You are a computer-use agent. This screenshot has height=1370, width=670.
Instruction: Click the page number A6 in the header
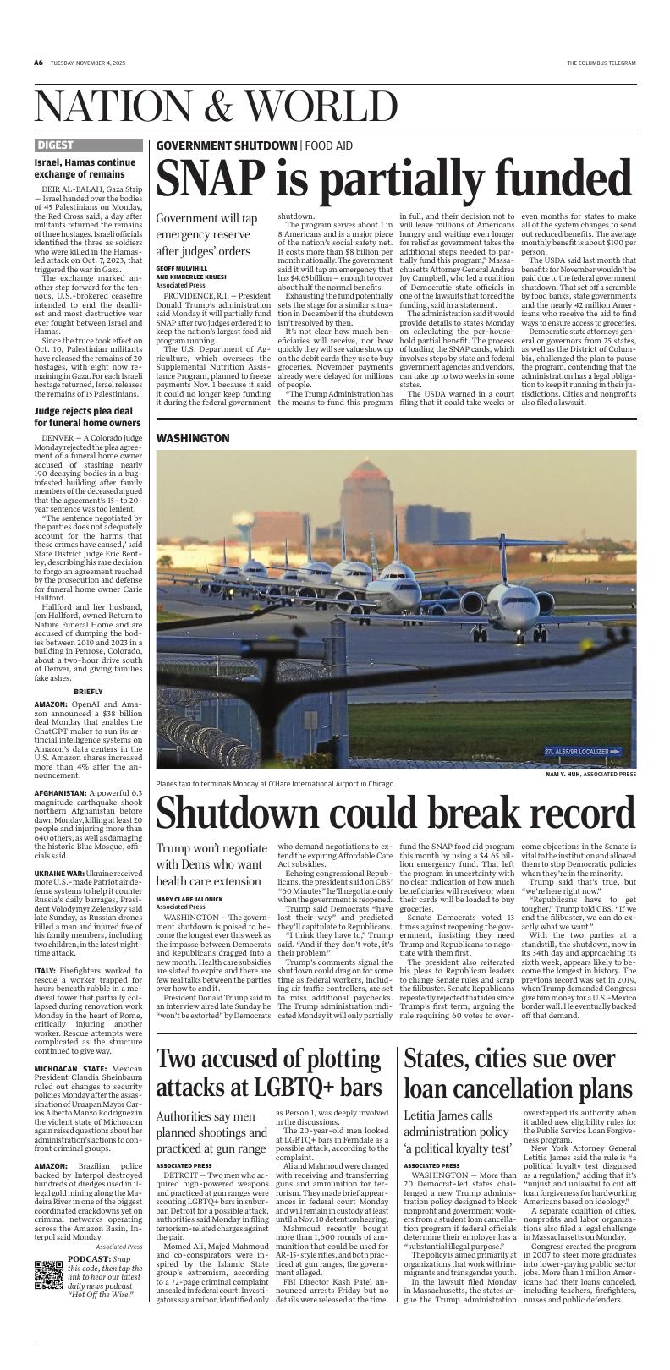pyautogui.click(x=38, y=63)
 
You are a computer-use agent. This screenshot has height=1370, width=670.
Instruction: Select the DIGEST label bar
pyautogui.click(x=87, y=145)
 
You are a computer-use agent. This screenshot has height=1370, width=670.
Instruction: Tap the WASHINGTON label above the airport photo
pyautogui.click(x=193, y=438)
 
